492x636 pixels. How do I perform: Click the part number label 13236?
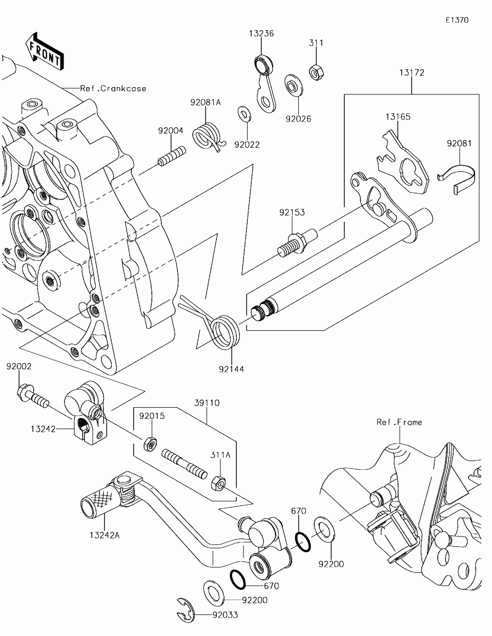261,34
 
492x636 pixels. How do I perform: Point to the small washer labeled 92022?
244,113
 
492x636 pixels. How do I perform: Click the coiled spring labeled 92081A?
207,135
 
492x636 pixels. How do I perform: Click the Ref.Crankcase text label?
113,88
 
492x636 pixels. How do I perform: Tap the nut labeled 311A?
218,483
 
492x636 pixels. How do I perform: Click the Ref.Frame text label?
399,422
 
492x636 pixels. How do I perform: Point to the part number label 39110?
207,403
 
